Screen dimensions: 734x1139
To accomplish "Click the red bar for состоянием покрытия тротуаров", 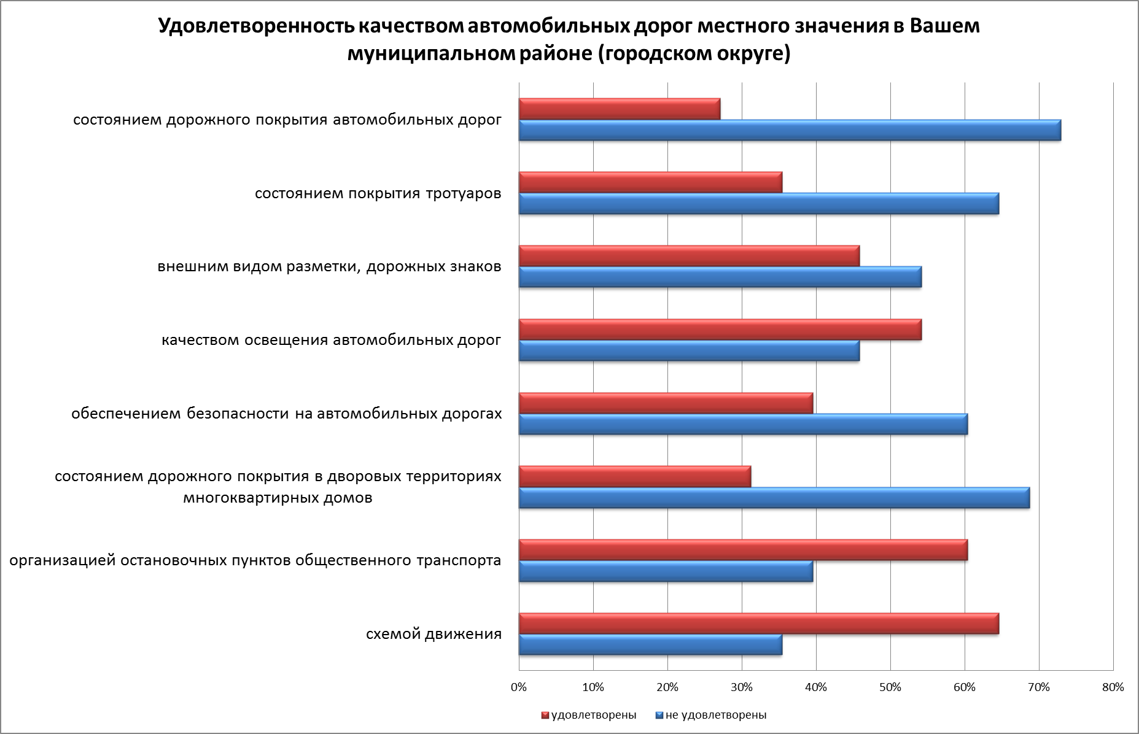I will click(x=650, y=182).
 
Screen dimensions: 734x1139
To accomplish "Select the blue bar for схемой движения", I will click(x=650, y=645).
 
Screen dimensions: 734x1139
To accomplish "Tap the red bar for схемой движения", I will click(x=758, y=624).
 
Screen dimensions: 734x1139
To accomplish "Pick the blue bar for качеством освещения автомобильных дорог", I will click(x=689, y=351).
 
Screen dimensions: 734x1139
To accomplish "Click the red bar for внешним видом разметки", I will click(x=689, y=255).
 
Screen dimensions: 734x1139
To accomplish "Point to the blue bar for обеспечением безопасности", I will click(x=743, y=424).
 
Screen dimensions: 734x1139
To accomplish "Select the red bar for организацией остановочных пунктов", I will click(x=743, y=550).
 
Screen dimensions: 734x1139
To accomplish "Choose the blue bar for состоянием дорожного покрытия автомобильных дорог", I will click(x=790, y=130).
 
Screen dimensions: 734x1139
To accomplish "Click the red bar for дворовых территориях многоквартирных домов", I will click(x=635, y=476).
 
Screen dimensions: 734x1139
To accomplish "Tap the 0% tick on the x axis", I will click(x=519, y=687).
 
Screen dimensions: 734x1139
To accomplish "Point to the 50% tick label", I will click(x=890, y=687).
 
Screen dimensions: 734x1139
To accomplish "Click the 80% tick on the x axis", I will click(x=1113, y=687).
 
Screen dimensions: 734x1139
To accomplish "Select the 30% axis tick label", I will click(x=742, y=687).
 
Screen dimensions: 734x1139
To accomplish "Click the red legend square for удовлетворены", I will click(x=545, y=716).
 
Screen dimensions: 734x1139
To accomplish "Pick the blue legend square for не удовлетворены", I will click(x=659, y=716).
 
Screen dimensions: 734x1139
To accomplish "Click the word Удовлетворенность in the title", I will click(x=254, y=27).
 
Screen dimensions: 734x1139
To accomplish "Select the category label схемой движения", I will click(x=433, y=634).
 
